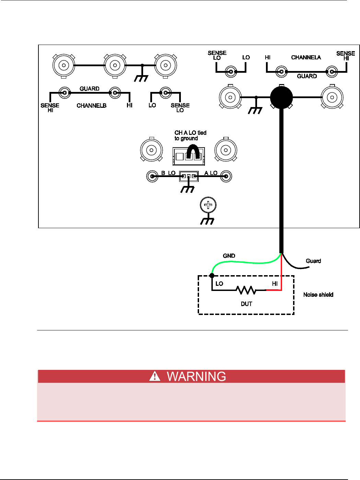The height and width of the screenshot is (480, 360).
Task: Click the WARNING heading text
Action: pyautogui.click(x=196, y=376)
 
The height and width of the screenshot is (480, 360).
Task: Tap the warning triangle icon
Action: pyautogui.click(x=155, y=376)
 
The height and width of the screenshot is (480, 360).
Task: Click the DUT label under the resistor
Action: pyautogui.click(x=246, y=304)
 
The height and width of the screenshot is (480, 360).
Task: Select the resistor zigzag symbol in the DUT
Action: pyautogui.click(x=246, y=290)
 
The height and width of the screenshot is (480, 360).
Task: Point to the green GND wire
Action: pyautogui.click(x=247, y=262)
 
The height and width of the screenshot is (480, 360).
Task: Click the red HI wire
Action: pyautogui.click(x=281, y=274)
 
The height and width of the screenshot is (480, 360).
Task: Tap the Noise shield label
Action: pyautogui.click(x=318, y=295)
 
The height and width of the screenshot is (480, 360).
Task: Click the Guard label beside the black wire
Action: pyautogui.click(x=313, y=261)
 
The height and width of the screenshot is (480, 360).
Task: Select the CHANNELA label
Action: pyautogui.click(x=306, y=57)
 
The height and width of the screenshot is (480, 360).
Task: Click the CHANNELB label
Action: pyautogui.click(x=91, y=106)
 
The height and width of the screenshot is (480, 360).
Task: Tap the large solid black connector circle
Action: pyautogui.click(x=281, y=97)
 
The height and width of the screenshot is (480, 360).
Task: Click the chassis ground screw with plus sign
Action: pyautogui.click(x=208, y=205)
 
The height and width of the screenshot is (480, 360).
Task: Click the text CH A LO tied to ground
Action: pyautogui.click(x=190, y=136)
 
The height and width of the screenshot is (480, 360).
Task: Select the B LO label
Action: pyautogui.click(x=168, y=173)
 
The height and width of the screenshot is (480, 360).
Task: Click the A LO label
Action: pyautogui.click(x=211, y=173)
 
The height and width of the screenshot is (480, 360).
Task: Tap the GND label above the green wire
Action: pyautogui.click(x=229, y=256)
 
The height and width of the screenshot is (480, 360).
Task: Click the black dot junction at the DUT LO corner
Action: pyautogui.click(x=212, y=276)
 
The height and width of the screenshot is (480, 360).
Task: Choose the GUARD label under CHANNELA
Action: pyautogui.click(x=307, y=76)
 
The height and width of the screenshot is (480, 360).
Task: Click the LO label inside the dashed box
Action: pyautogui.click(x=219, y=284)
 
